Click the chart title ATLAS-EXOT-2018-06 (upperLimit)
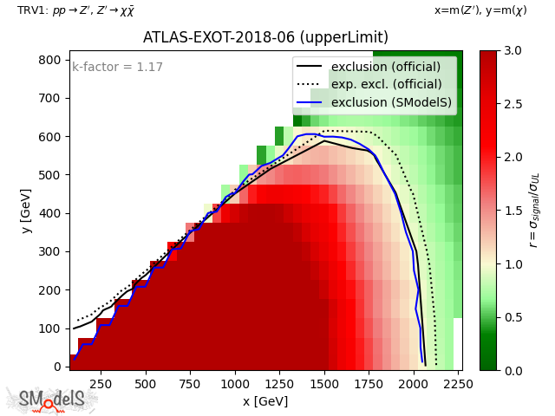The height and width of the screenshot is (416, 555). [265, 38]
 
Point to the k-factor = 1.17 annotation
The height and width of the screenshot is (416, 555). [117, 67]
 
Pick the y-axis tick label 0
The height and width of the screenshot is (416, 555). [57, 367]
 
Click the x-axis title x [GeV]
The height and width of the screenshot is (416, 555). [265, 401]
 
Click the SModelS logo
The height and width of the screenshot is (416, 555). [52, 400]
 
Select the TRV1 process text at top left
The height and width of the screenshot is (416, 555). [75, 10]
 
